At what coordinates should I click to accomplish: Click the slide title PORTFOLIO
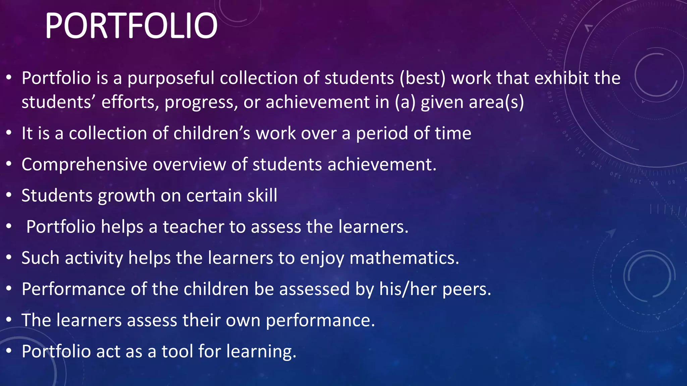[x=131, y=26]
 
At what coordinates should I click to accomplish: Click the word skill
[x=262, y=195]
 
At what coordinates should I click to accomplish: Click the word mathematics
[x=404, y=258]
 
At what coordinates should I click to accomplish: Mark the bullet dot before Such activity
[x=9, y=258]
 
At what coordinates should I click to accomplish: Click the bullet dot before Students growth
[x=9, y=195]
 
